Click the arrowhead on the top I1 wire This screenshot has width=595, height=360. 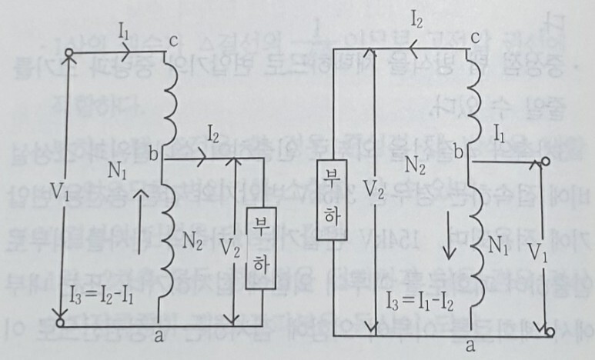127,54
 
